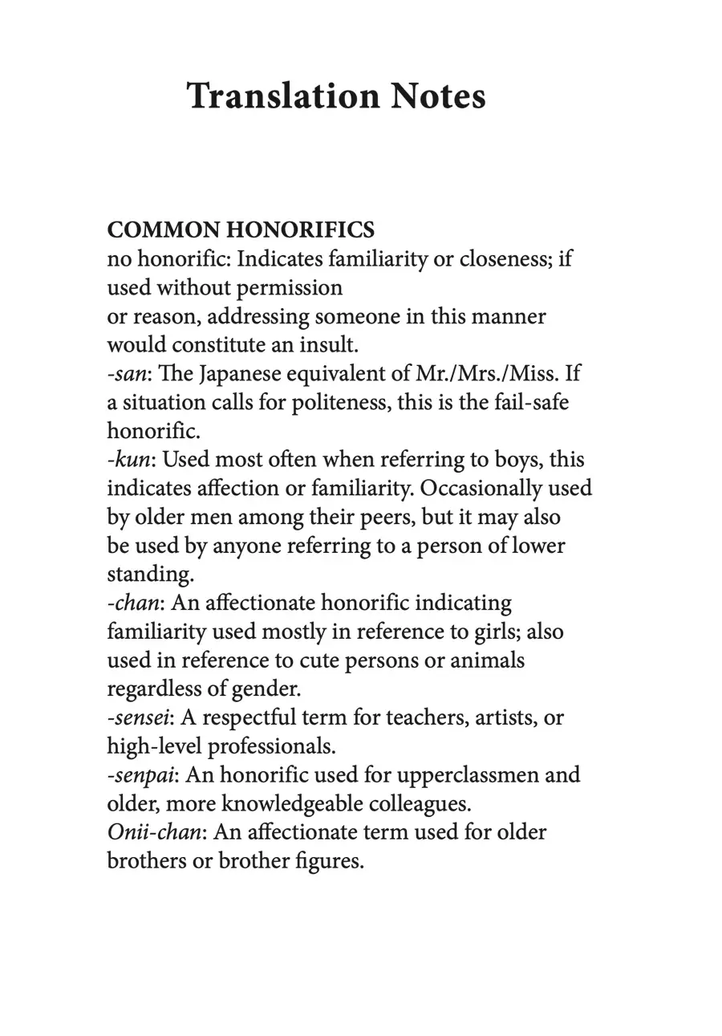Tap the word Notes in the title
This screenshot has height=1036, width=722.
[438, 96]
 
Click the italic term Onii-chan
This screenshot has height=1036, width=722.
[154, 832]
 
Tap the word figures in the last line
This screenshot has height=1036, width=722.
[332, 861]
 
